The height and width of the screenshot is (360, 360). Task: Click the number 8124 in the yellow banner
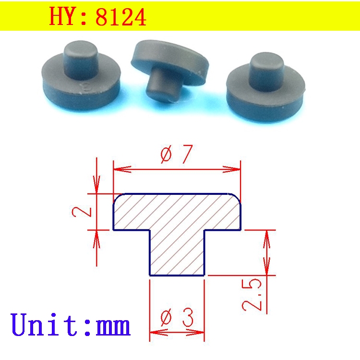120,17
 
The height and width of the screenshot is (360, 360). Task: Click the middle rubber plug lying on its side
170,67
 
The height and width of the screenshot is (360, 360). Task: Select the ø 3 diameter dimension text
176,317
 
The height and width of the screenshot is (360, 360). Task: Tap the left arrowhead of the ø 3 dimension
155,332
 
